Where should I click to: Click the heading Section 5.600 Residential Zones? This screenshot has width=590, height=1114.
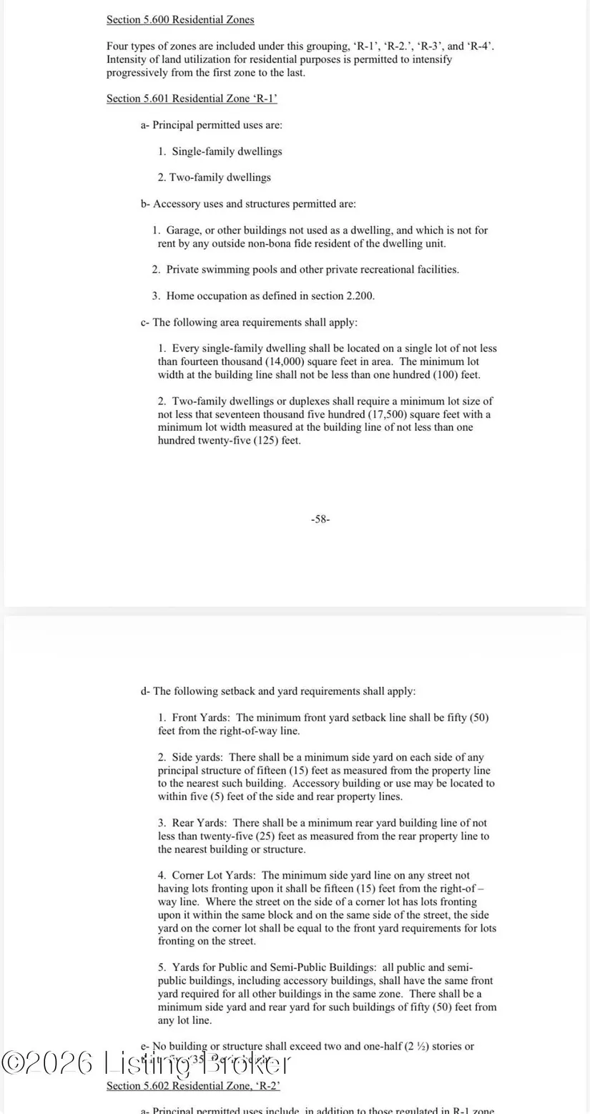180,19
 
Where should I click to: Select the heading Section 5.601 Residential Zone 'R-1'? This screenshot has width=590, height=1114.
192,98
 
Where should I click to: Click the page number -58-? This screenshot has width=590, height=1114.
320,519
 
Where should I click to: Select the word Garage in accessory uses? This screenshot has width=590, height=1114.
183,230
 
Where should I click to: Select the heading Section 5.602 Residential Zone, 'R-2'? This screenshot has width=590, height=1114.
192,1086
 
